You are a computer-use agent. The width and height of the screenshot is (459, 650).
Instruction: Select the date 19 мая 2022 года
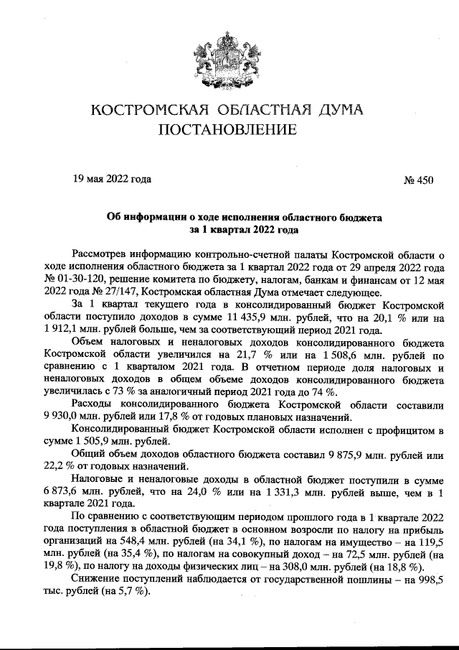(112, 180)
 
